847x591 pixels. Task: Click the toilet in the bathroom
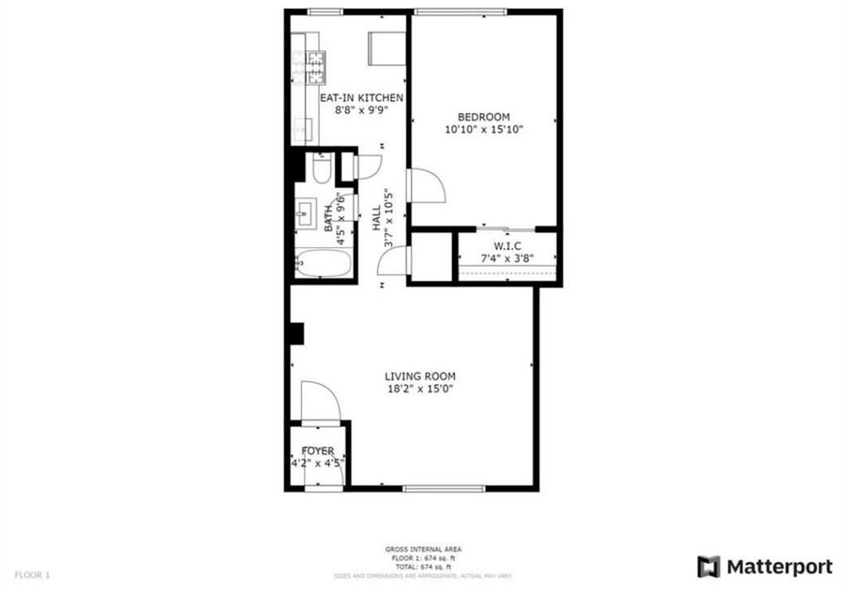pos(321,169)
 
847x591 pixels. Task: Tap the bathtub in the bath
pos(323,264)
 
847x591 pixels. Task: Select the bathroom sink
pos(304,213)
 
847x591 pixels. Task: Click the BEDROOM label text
pos(484,117)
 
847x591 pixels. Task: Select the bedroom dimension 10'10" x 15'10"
pos(484,129)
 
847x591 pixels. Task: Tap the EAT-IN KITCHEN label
pos(361,98)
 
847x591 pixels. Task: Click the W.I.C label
pos(508,245)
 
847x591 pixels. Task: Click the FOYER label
pos(318,450)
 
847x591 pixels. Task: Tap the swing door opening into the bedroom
pos(426,187)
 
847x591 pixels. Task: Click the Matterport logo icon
pos(708,566)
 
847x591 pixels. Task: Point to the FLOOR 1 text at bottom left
pos(32,574)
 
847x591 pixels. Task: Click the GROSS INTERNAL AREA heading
pos(423,549)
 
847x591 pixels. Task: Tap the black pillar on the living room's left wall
pos(296,333)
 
